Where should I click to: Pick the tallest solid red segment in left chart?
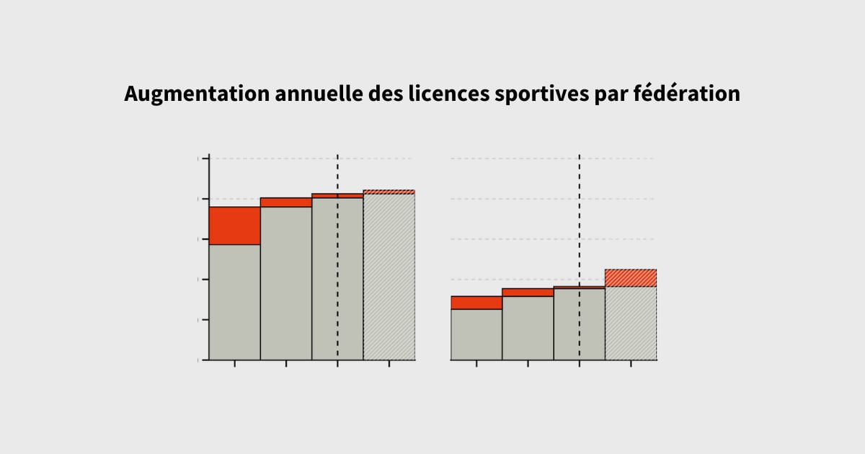tap(234, 226)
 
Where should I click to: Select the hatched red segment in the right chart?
tap(631, 278)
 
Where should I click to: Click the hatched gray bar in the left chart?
tap(389, 277)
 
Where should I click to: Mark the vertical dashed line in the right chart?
tap(579, 216)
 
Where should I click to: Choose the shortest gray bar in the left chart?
tap(234, 302)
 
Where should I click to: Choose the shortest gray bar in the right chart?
tap(476, 334)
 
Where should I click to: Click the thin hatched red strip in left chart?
tap(389, 192)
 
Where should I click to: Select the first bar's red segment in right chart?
tap(476, 303)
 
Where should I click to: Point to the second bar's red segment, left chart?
tap(286, 202)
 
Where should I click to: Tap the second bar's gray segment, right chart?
tap(528, 328)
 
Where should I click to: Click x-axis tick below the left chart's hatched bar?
tap(389, 364)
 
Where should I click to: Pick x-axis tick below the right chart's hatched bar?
tap(631, 364)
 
